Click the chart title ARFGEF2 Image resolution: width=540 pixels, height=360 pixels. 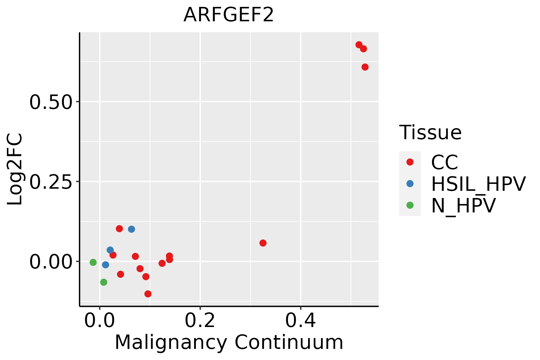click(x=229, y=15)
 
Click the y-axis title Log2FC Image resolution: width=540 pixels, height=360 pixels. click(x=15, y=169)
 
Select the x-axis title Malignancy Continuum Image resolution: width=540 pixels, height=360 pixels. click(x=229, y=342)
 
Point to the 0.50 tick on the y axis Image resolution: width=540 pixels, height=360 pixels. click(x=51, y=102)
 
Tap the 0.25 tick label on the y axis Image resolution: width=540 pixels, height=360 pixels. click(x=51, y=182)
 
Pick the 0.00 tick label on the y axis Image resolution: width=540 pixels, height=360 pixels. click(x=51, y=262)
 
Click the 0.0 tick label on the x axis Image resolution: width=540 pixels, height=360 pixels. click(x=100, y=321)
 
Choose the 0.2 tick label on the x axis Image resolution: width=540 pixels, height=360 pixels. click(x=200, y=321)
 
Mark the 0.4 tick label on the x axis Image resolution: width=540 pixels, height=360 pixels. click(x=300, y=321)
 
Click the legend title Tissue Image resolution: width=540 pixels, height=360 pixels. click(x=430, y=132)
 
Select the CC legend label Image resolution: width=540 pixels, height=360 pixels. click(x=445, y=162)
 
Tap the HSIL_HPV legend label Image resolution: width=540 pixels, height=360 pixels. click(x=478, y=184)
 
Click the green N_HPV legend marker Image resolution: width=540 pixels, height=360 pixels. click(x=410, y=205)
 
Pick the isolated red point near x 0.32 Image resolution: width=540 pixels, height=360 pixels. click(x=263, y=243)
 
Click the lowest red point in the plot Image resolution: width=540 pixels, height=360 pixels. click(x=148, y=294)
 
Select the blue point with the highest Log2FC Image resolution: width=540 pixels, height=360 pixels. click(x=131, y=229)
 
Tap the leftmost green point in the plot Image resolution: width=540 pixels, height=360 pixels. click(x=93, y=262)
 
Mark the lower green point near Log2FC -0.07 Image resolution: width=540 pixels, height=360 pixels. click(x=104, y=282)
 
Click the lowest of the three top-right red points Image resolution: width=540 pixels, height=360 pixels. click(x=365, y=67)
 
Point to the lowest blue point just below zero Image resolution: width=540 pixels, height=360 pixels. click(x=106, y=265)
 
